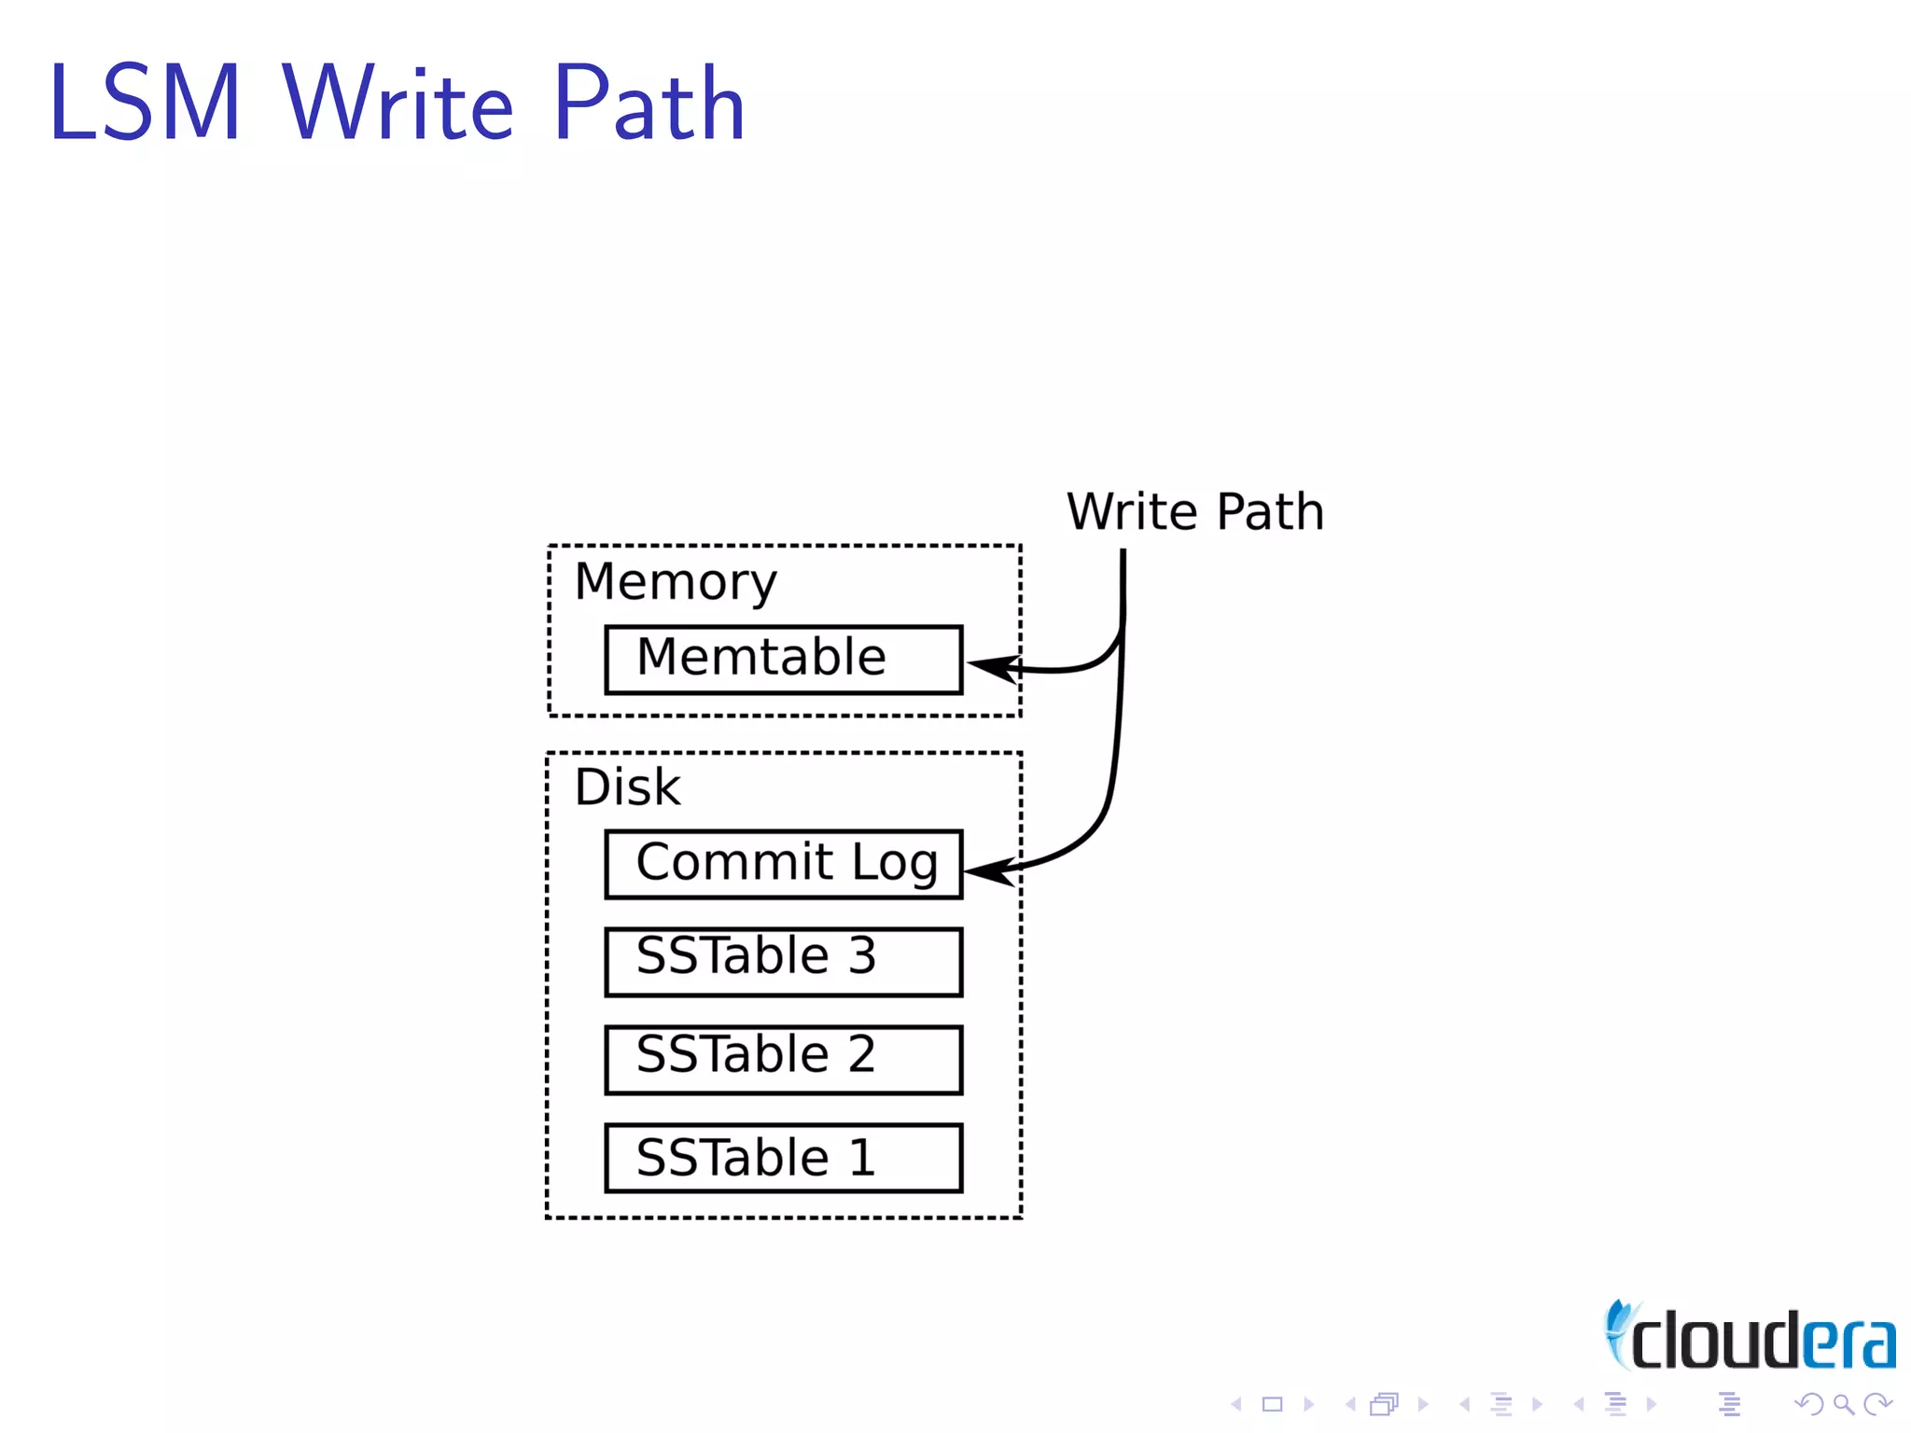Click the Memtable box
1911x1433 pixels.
pyautogui.click(x=783, y=660)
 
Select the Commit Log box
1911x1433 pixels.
pyautogui.click(x=783, y=864)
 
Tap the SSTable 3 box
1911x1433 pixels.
pyautogui.click(x=783, y=962)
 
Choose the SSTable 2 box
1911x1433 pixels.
pyautogui.click(x=783, y=1060)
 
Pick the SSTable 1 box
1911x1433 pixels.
pyautogui.click(x=783, y=1158)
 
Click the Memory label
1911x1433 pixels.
pyautogui.click(x=675, y=582)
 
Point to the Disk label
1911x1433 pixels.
pyautogui.click(x=627, y=786)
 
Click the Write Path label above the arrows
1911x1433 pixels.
pyautogui.click(x=1194, y=511)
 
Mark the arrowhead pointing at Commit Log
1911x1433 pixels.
pyautogui.click(x=987, y=872)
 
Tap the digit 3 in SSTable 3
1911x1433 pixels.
pyautogui.click(x=862, y=955)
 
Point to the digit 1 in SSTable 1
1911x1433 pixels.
pyautogui.click(x=862, y=1158)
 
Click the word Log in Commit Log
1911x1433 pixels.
pyautogui.click(x=894, y=862)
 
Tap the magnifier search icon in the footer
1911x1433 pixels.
pyautogui.click(x=1843, y=1404)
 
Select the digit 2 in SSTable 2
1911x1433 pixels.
pyautogui.click(x=862, y=1054)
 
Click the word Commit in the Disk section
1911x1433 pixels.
pyautogui.click(x=734, y=861)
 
